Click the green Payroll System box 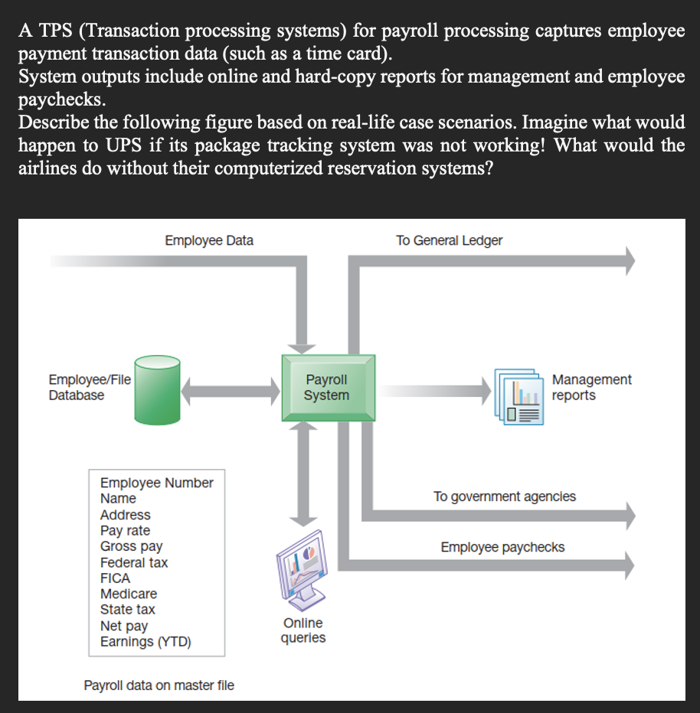(x=327, y=387)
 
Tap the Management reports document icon (x=519, y=396)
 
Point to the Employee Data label (x=209, y=240)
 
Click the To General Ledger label (x=449, y=240)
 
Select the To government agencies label (x=504, y=496)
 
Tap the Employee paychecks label (x=502, y=547)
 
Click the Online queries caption (x=303, y=630)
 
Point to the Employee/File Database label (x=90, y=387)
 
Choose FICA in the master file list (x=115, y=578)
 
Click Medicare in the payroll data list (x=129, y=594)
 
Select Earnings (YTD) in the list (x=146, y=642)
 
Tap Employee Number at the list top (x=156, y=483)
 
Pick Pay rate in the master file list (x=125, y=530)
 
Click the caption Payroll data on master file (x=159, y=685)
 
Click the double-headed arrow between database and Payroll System (x=231, y=392)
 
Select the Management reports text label (x=591, y=387)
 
